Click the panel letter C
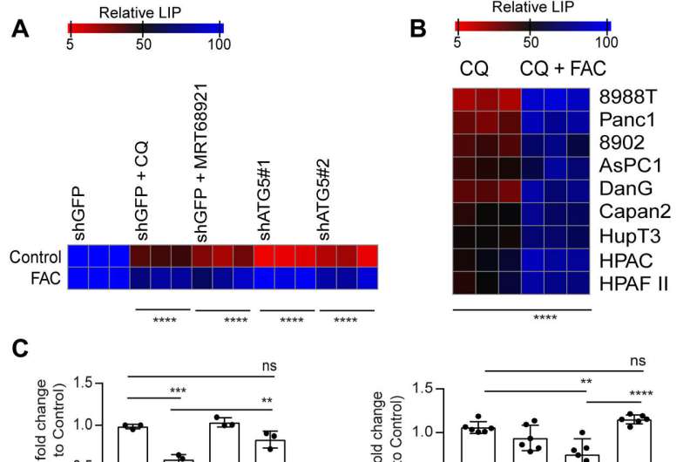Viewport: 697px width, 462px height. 19,350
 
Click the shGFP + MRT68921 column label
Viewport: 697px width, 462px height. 200,186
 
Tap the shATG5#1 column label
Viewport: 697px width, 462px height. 265,209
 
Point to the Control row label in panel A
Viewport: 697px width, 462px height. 35,257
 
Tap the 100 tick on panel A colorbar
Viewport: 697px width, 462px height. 220,44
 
